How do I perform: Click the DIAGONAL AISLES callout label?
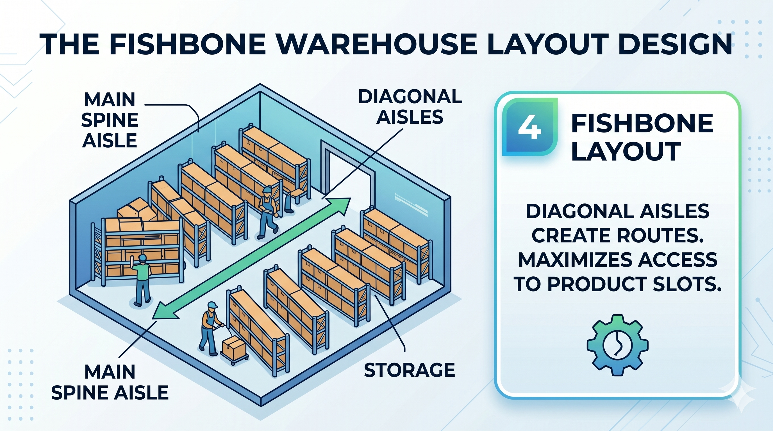click(x=410, y=107)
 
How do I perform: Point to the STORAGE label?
click(x=409, y=370)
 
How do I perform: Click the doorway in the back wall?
click(x=348, y=171)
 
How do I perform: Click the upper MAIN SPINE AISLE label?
click(x=110, y=120)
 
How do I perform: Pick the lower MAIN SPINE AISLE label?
click(x=110, y=382)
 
